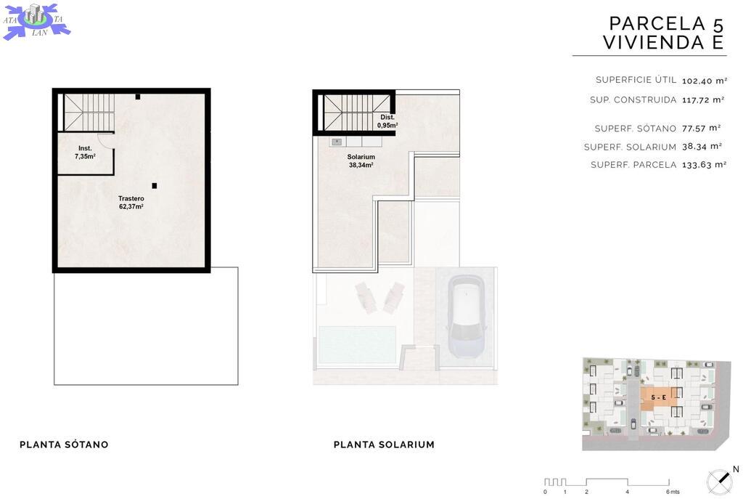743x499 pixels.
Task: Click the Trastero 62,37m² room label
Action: [131, 203]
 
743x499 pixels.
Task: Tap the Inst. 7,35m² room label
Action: [85, 153]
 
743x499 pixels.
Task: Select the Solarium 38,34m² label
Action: [361, 161]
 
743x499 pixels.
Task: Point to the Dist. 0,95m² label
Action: [387, 121]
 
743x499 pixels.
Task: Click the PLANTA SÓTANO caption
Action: [64, 445]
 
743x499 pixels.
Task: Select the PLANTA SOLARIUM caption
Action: [384, 445]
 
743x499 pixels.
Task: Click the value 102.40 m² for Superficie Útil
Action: [704, 81]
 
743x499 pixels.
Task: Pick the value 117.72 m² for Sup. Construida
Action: [703, 100]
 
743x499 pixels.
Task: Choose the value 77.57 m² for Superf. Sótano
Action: [702, 128]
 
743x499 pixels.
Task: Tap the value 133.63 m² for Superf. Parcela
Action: [704, 165]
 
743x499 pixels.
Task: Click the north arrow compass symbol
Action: [720, 482]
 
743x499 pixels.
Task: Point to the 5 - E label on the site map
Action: [658, 397]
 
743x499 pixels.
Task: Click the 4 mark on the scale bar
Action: [627, 492]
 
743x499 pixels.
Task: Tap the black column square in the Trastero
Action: [154, 185]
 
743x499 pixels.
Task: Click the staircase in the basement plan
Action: [89, 113]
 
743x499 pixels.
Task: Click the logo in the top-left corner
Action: [36, 21]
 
